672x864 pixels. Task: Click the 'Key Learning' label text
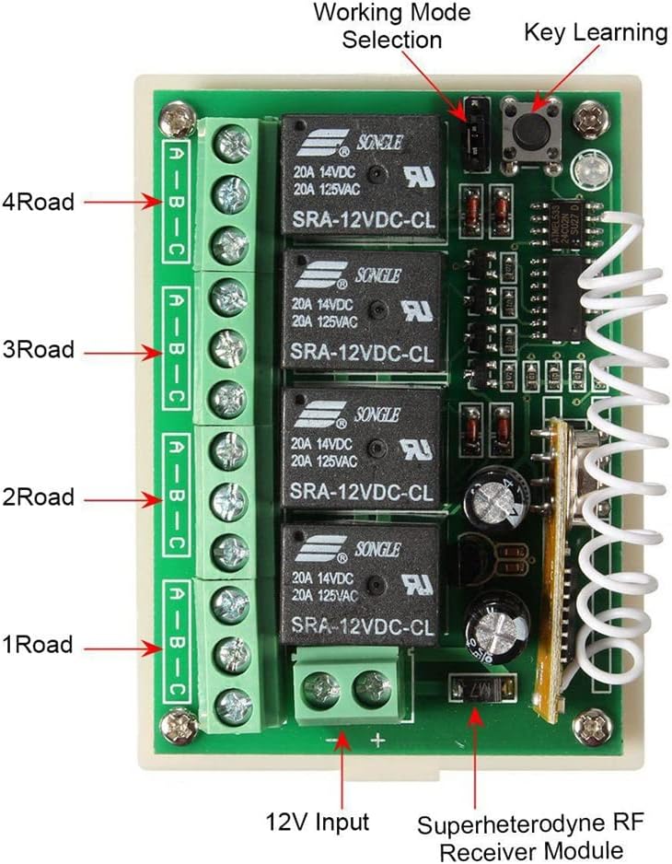(x=595, y=33)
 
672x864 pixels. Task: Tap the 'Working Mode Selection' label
(x=390, y=27)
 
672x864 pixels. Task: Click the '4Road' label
(x=39, y=202)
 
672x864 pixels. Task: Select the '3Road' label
(x=39, y=351)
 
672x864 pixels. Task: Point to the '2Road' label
(x=39, y=498)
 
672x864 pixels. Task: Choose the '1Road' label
(x=39, y=645)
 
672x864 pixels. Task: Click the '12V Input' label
(x=319, y=821)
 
